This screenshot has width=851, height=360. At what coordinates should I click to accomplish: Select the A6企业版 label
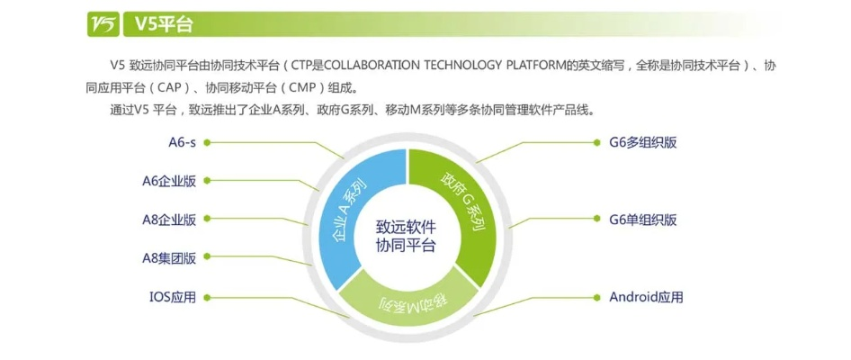click(x=169, y=181)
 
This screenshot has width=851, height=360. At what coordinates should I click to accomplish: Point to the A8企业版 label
click(x=169, y=220)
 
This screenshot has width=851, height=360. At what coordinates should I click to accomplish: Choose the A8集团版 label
click(x=169, y=258)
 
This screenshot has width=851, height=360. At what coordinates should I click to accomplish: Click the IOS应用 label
click(x=172, y=297)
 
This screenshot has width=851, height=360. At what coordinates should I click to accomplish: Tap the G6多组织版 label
click(x=642, y=142)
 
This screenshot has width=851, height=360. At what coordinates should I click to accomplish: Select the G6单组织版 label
click(x=642, y=220)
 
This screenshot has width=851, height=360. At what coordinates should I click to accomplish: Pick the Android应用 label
click(x=646, y=297)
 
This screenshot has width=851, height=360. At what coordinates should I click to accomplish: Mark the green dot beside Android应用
click(x=599, y=297)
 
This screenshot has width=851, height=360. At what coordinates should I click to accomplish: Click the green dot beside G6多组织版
click(x=599, y=142)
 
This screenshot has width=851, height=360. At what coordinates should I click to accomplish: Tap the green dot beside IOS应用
click(x=207, y=297)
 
